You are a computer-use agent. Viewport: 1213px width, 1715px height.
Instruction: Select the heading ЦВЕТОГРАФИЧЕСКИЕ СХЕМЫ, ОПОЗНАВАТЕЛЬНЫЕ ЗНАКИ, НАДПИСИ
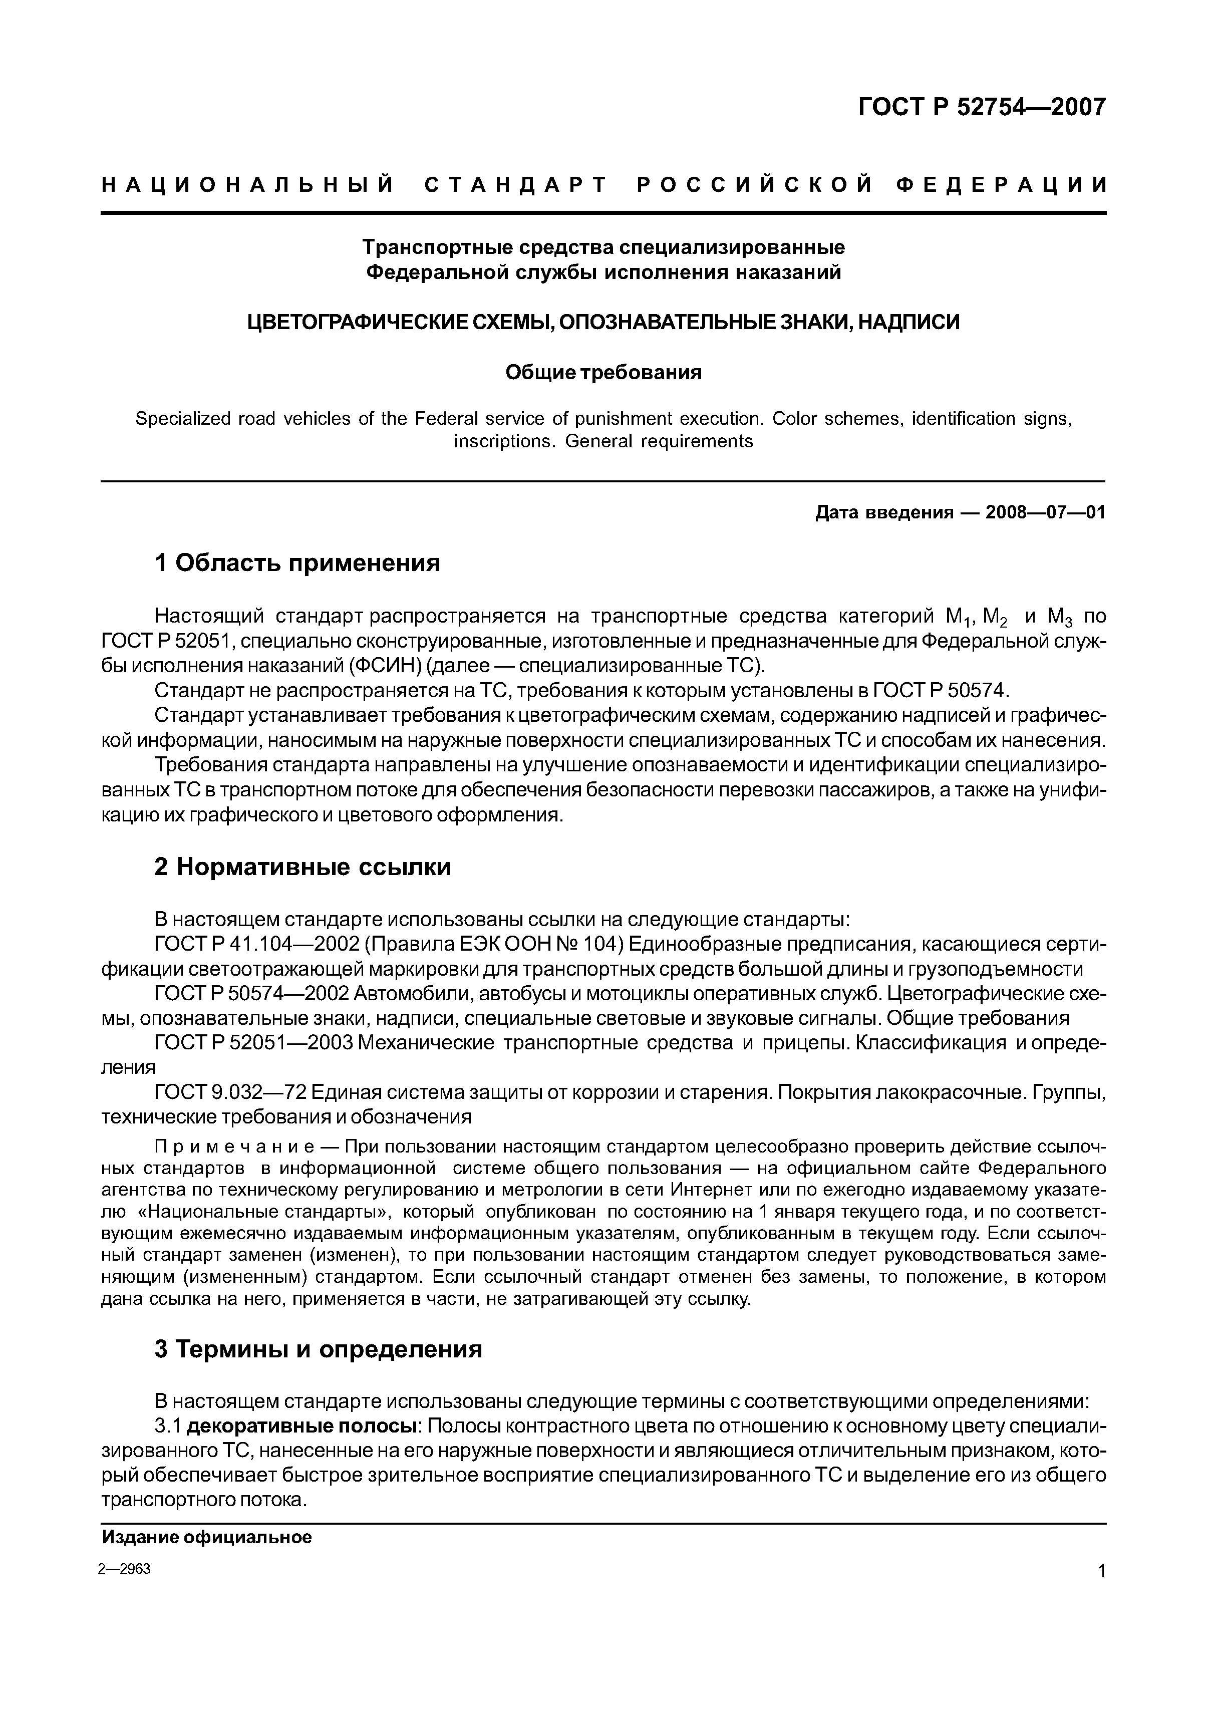603,322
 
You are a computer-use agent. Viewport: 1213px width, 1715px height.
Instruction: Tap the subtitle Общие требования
603,372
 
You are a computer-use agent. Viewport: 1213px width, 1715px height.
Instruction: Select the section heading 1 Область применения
297,562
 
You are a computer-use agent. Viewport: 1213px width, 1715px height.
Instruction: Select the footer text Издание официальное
207,1537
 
